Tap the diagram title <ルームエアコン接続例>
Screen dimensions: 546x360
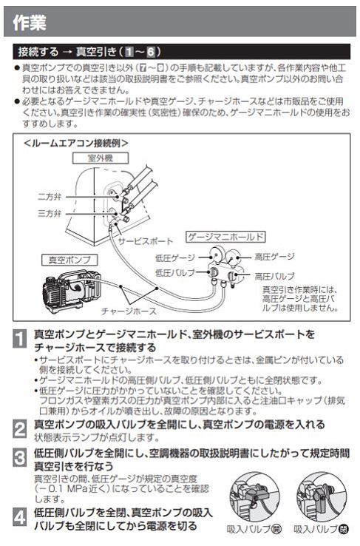76,142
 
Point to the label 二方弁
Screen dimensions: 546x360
50,197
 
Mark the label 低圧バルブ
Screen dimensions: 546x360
176,273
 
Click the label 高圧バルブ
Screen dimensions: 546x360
274,275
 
